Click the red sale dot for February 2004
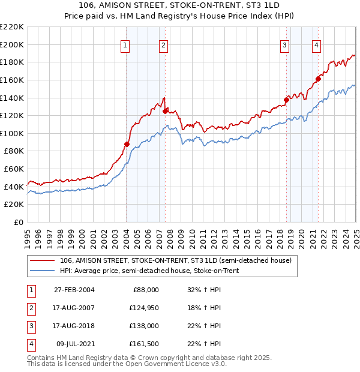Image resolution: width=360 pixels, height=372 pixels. [x=127, y=144]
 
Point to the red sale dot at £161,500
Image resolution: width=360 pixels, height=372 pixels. [x=319, y=78]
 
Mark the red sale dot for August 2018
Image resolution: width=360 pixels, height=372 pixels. [x=287, y=100]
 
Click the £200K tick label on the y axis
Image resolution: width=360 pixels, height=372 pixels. [x=12, y=44]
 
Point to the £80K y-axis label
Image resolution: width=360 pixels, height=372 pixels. [x=14, y=151]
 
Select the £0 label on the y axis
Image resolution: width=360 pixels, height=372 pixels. [x=19, y=223]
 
